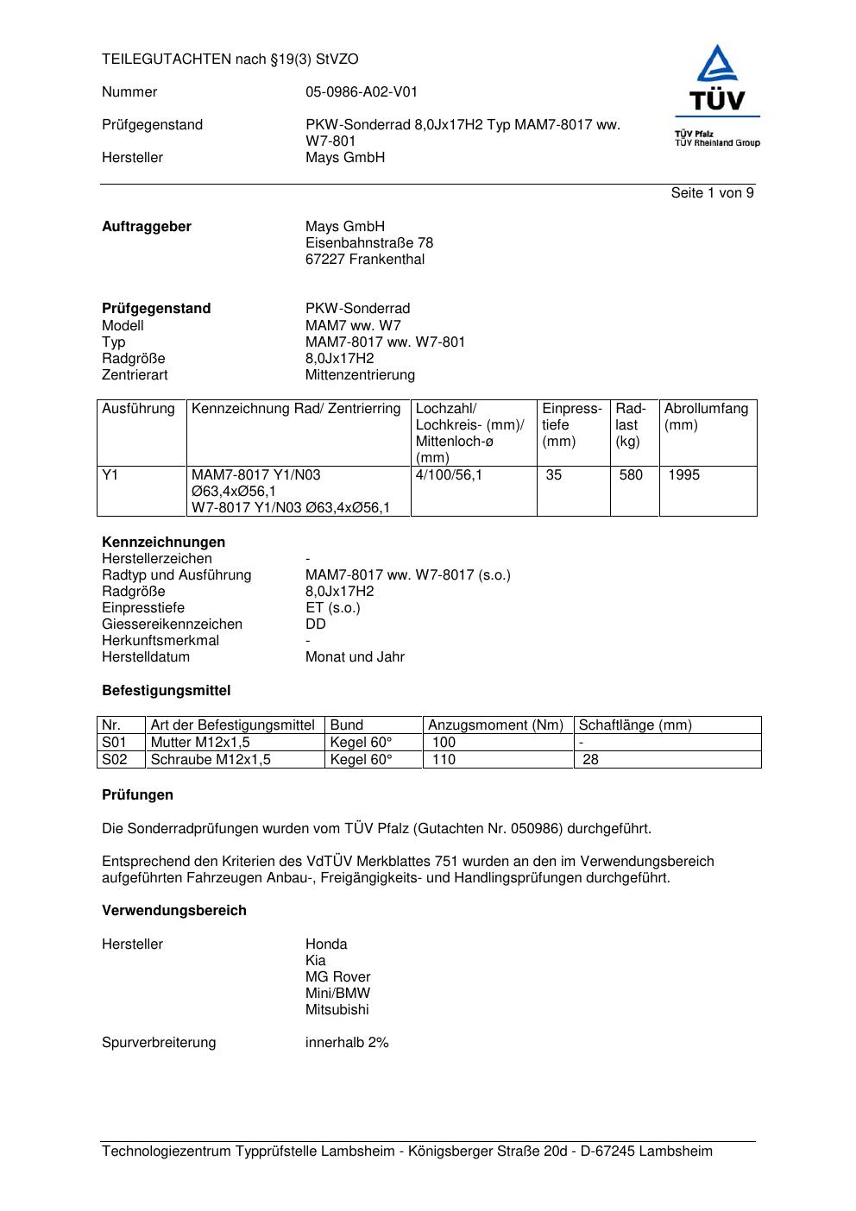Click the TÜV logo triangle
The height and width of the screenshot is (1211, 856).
[717, 65]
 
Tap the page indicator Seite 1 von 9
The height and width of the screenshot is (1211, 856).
[712, 193]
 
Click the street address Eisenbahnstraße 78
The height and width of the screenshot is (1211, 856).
[368, 243]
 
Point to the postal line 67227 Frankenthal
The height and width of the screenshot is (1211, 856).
[364, 260]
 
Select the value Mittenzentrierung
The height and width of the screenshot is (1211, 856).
[360, 375]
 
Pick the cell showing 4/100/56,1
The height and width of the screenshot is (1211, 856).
[449, 475]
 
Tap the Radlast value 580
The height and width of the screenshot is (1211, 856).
[631, 475]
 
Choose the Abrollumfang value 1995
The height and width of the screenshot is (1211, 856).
[683, 475]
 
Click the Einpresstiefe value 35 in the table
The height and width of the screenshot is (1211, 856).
[553, 475]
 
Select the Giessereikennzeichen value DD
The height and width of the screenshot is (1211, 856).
[315, 624]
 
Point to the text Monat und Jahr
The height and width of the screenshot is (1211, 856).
[355, 657]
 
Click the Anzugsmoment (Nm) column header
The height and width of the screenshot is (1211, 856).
[495, 725]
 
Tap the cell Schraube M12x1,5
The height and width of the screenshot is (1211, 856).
[211, 760]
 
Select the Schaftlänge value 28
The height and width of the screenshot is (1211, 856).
[590, 760]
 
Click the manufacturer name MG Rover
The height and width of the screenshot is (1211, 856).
[337, 977]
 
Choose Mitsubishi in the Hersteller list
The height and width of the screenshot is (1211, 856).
[337, 1010]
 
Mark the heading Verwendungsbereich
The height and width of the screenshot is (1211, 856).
[174, 911]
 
